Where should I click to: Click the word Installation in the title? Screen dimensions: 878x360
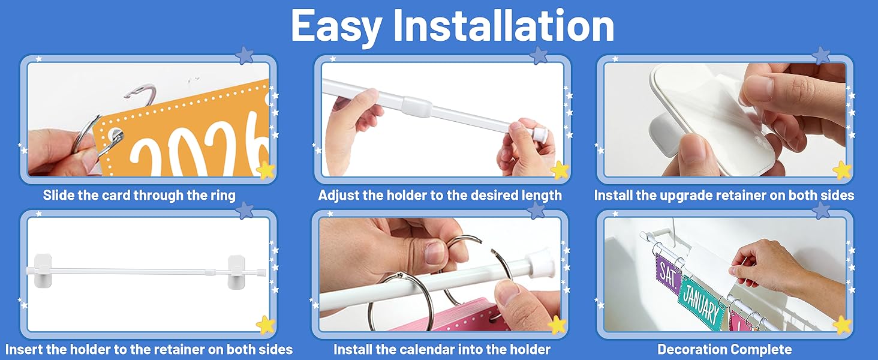(x=504, y=25)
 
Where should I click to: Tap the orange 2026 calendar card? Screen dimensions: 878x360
(x=184, y=133)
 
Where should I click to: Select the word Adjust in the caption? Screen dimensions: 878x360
(x=339, y=195)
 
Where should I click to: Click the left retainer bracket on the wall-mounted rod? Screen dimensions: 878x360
(x=43, y=271)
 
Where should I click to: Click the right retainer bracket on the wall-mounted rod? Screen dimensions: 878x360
(x=236, y=271)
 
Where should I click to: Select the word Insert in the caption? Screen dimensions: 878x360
(x=23, y=349)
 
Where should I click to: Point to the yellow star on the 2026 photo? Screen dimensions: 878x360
(x=265, y=169)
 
